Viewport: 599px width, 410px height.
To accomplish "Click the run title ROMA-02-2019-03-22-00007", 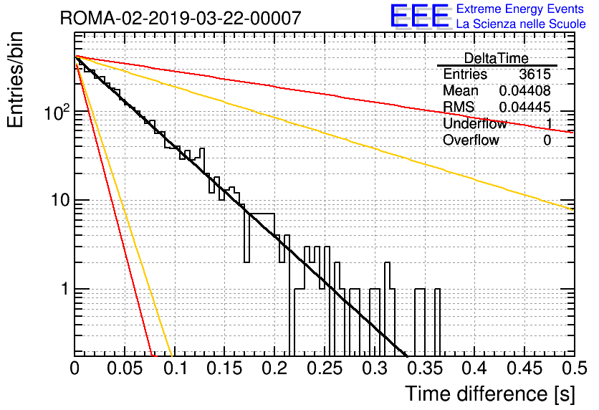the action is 181,18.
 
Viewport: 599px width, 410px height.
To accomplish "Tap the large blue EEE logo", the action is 419,16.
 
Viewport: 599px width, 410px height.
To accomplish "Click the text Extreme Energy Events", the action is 520,9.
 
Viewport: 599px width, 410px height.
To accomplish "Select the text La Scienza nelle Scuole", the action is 521,24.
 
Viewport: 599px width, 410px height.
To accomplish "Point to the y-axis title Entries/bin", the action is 15,80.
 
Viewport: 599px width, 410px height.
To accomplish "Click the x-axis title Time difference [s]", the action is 490,394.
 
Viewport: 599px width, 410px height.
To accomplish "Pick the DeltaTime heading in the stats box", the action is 497,58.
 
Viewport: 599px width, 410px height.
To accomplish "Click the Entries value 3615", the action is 535,74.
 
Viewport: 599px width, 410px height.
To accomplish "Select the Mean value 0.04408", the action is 525,90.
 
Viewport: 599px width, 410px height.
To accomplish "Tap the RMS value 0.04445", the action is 525,107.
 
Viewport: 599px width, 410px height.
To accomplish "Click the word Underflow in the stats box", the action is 474,123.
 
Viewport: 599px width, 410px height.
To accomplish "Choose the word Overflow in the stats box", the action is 471,140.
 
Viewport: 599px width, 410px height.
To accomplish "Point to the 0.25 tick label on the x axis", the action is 325,368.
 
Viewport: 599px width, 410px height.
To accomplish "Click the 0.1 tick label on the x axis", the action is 175,368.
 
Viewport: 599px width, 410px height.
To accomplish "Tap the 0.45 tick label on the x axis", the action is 525,368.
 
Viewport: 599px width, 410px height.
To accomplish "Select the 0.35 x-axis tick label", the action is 425,368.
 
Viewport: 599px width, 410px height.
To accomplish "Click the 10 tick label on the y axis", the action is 60,200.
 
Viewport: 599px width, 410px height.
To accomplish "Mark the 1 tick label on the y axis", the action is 65,289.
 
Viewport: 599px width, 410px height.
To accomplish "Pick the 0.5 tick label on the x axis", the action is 575,368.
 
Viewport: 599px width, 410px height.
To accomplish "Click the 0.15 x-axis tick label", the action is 225,368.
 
